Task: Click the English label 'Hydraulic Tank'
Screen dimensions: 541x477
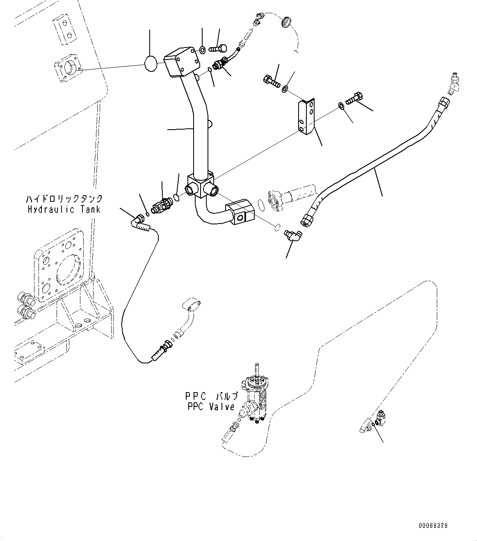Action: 64,210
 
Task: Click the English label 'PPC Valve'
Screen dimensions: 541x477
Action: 210,407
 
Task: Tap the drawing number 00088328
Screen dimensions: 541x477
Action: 433,525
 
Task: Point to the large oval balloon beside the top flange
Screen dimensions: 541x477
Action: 150,64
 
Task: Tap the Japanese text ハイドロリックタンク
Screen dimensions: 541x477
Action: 64,199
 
